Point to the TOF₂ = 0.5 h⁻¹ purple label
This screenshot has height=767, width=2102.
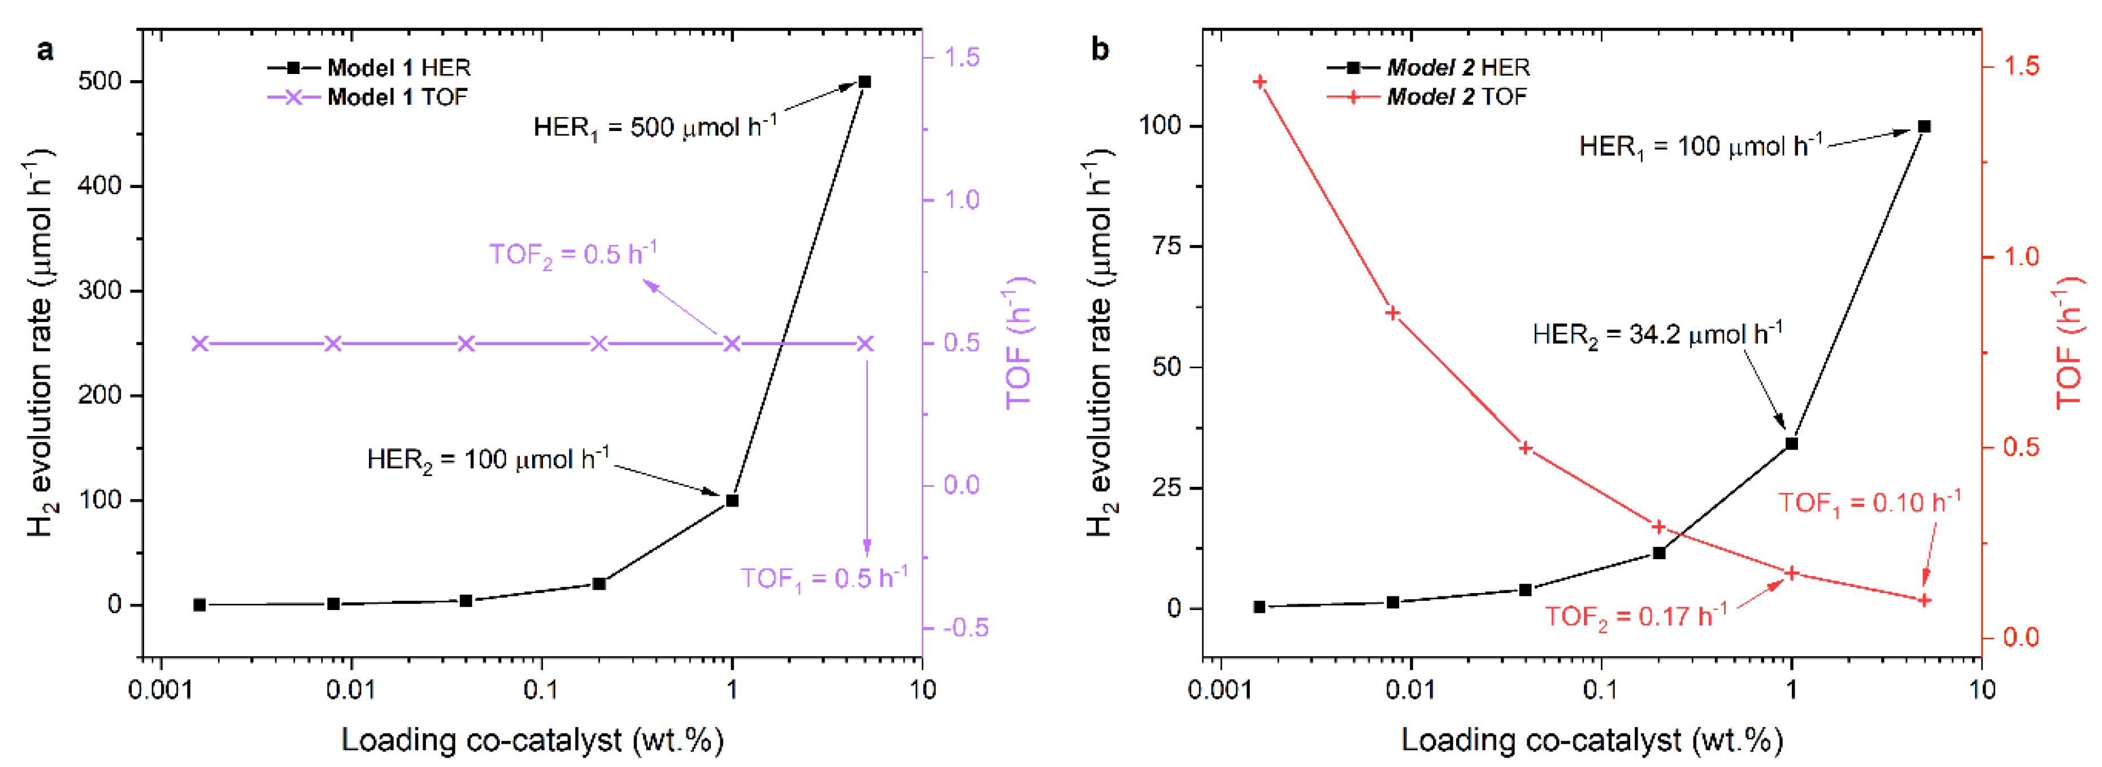[x=573, y=254]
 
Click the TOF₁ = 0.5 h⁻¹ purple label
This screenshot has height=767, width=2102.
[x=824, y=578]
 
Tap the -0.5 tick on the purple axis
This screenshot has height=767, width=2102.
[x=965, y=627]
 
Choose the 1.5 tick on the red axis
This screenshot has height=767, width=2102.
[x=2021, y=66]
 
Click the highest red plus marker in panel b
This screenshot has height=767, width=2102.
[x=1259, y=81]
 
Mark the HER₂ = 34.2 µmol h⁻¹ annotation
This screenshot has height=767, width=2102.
[x=1657, y=334]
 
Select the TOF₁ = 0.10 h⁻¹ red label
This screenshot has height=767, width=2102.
[x=1869, y=502]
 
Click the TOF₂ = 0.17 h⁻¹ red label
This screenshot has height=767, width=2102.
[x=1635, y=615]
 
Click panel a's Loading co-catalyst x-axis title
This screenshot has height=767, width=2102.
[x=532, y=740]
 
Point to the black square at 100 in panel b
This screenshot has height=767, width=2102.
[x=1923, y=127]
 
